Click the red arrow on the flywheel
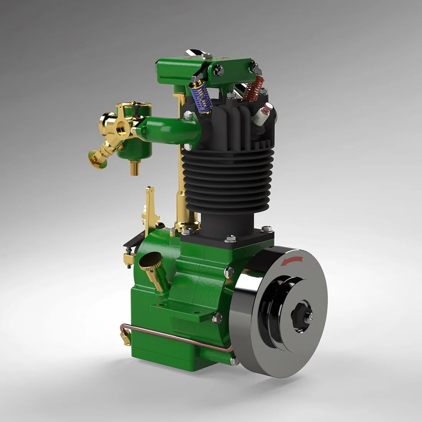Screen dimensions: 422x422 point(292,261)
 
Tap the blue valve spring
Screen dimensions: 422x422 point(201,98)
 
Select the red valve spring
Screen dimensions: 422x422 point(253,89)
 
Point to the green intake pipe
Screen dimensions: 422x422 point(169,130)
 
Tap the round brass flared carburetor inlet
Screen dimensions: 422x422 point(97,159)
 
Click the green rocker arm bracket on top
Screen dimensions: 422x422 point(207,70)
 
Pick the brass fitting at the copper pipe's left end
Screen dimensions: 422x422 point(126,338)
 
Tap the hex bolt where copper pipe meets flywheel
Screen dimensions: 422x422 point(234,360)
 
